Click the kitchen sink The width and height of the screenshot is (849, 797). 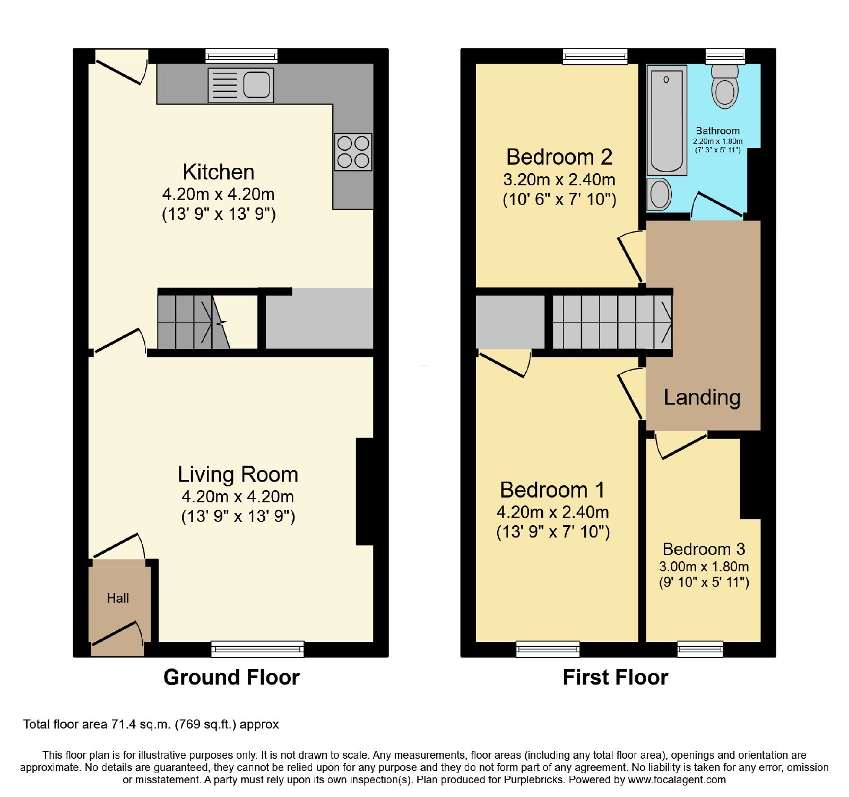coord(241,85)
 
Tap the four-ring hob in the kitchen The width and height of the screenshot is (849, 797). coord(353,152)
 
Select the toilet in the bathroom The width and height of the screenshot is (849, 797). coord(725,87)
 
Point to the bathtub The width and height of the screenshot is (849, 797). coord(667,119)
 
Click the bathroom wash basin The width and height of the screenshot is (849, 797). coord(660,194)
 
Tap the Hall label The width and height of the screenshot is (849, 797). coord(118,598)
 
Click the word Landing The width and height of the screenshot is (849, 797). coord(702,397)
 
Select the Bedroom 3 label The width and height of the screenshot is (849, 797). coord(704,549)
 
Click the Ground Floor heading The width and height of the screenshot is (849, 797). coord(231,677)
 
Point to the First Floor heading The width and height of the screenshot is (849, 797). coord(616,677)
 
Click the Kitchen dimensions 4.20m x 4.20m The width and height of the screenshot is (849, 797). coord(218,194)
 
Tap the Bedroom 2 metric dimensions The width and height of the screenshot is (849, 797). coord(559,179)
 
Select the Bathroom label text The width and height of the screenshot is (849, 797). coord(718,131)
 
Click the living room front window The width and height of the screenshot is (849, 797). coord(258,649)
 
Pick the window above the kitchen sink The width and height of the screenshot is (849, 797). coord(241,56)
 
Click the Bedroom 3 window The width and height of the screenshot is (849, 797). coord(700,649)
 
